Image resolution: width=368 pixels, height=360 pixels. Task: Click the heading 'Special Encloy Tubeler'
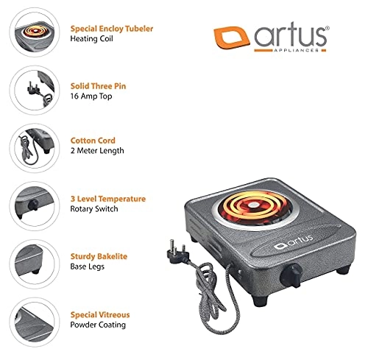pyautogui.click(x=112, y=28)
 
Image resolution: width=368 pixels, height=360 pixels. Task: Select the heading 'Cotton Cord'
pyautogui.click(x=93, y=139)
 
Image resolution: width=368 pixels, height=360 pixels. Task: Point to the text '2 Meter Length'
pyautogui.click(x=97, y=150)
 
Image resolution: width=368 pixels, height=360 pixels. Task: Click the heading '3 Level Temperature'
pyautogui.click(x=107, y=199)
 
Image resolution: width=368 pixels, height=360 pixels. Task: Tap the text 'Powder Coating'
pyautogui.click(x=99, y=324)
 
